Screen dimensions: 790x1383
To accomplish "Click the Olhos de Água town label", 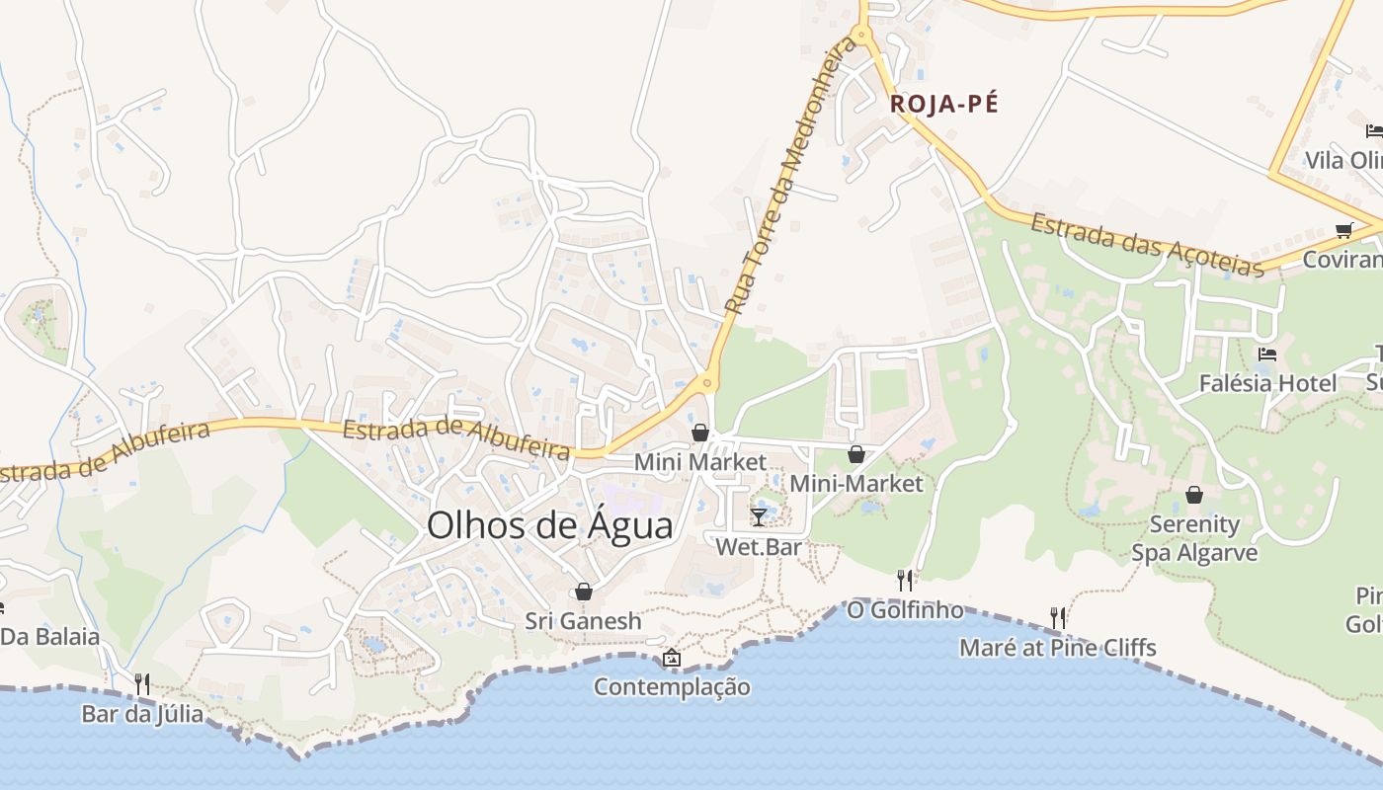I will (x=549, y=525).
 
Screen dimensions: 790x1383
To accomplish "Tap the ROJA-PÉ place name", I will (x=943, y=104).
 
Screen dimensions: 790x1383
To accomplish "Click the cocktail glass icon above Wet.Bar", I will (x=758, y=516).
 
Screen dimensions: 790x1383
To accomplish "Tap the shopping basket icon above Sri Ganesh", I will (x=584, y=592).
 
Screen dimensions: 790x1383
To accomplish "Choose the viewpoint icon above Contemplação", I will (x=672, y=658).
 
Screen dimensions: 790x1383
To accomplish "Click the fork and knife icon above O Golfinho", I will (x=904, y=580).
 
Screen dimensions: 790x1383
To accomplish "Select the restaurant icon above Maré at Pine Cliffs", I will (x=1058, y=618).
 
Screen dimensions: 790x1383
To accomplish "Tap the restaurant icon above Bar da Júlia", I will (x=142, y=683).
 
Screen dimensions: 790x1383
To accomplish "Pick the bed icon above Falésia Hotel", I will (x=1267, y=354).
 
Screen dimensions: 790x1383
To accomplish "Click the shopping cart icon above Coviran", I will (x=1343, y=230).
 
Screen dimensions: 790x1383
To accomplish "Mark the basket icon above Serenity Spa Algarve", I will (x=1194, y=495).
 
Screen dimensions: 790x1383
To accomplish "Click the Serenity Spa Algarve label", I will (x=1194, y=538).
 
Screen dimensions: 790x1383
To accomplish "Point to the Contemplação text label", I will (x=672, y=687).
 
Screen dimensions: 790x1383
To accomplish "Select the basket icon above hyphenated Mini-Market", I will (x=856, y=454).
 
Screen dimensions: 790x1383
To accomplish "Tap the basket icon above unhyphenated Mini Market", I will (x=700, y=433).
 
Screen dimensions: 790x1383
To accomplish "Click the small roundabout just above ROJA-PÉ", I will (x=862, y=36).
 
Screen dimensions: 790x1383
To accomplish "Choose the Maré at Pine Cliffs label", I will (x=1058, y=649).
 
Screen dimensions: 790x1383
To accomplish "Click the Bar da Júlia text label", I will (x=142, y=714).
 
